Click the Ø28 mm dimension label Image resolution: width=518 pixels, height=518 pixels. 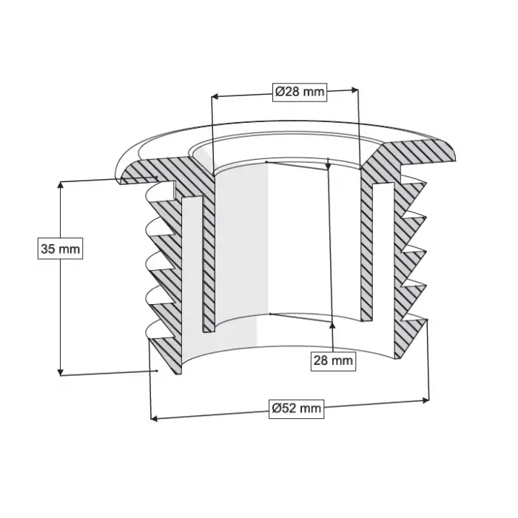point(300,92)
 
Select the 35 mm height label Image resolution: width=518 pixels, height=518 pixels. point(60,249)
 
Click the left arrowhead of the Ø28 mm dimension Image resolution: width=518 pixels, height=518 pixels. point(215,96)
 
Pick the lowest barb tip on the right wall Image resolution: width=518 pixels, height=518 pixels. point(428,320)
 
